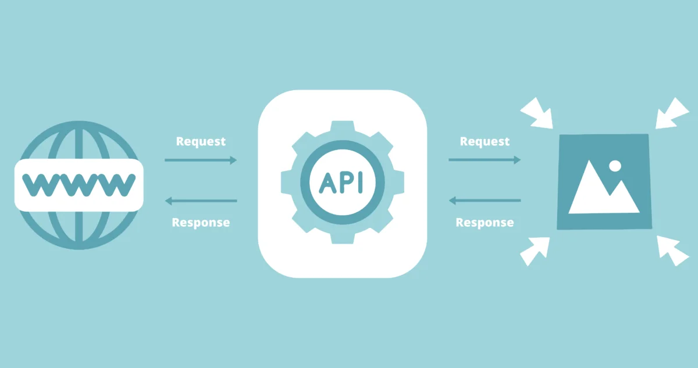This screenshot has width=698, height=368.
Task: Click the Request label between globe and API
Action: coord(201,141)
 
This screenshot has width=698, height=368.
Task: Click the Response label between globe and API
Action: coord(201,223)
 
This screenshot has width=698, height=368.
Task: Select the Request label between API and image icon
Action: coord(485,141)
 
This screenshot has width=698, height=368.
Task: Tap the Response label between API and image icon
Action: coord(485,223)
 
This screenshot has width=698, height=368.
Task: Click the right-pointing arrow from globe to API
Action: coord(201,160)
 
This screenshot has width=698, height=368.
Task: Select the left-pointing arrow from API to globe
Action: coord(201,201)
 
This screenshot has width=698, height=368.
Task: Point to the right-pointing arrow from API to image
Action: coord(485,160)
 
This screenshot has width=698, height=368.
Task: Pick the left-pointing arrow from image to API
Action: coord(485,201)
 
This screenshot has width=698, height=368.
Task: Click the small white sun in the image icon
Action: coord(615,166)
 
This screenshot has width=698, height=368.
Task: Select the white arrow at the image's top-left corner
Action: coord(537,113)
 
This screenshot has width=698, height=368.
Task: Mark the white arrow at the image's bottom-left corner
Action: coord(535,251)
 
